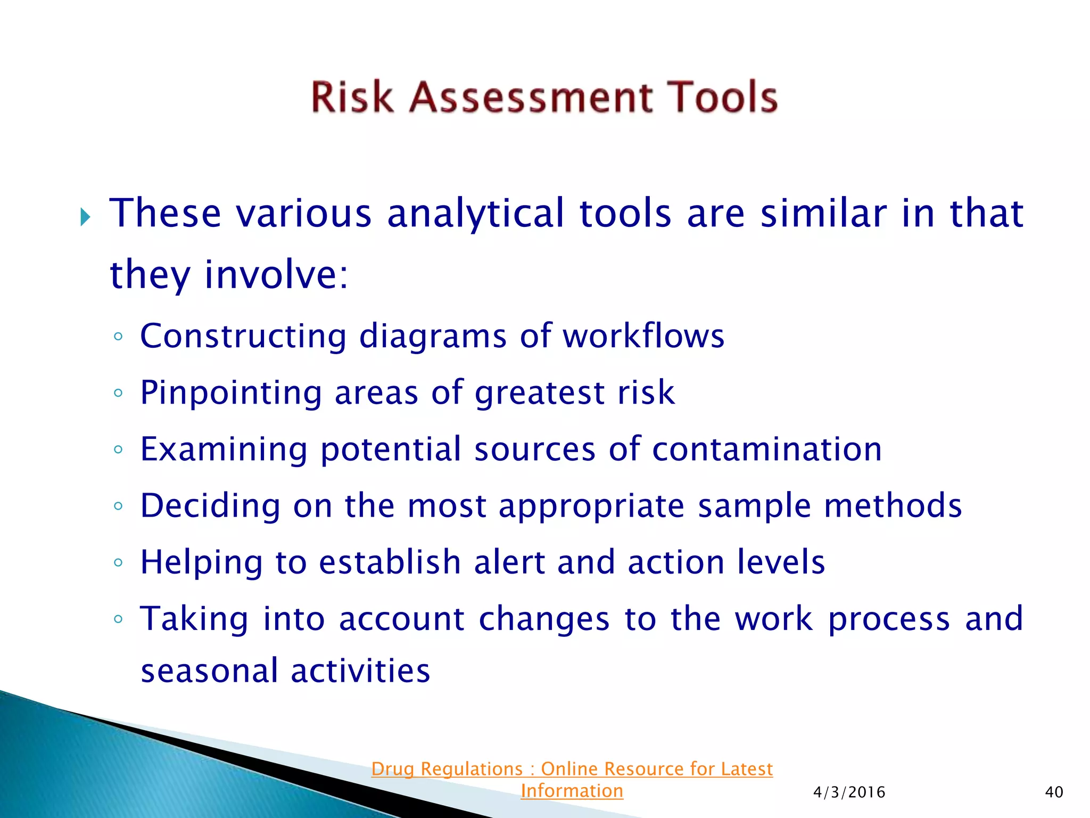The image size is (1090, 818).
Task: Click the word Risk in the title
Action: click(352, 97)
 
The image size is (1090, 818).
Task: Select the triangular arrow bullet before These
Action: click(85, 217)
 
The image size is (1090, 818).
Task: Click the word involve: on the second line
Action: click(276, 275)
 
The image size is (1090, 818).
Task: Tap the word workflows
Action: click(643, 336)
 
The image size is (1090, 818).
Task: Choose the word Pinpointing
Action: click(231, 394)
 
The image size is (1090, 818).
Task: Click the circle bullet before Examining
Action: click(118, 449)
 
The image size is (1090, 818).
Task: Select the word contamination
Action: click(767, 449)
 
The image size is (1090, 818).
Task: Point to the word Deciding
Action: click(210, 505)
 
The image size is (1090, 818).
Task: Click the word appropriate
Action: click(591, 506)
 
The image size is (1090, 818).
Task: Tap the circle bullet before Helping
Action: click(118, 562)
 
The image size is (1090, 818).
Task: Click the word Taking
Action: click(194, 619)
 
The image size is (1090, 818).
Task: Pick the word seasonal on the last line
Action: click(209, 670)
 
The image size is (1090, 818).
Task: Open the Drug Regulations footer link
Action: click(572, 769)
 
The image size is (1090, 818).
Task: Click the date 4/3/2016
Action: click(849, 792)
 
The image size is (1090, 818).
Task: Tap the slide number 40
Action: click(1054, 792)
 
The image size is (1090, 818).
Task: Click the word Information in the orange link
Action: click(572, 791)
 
